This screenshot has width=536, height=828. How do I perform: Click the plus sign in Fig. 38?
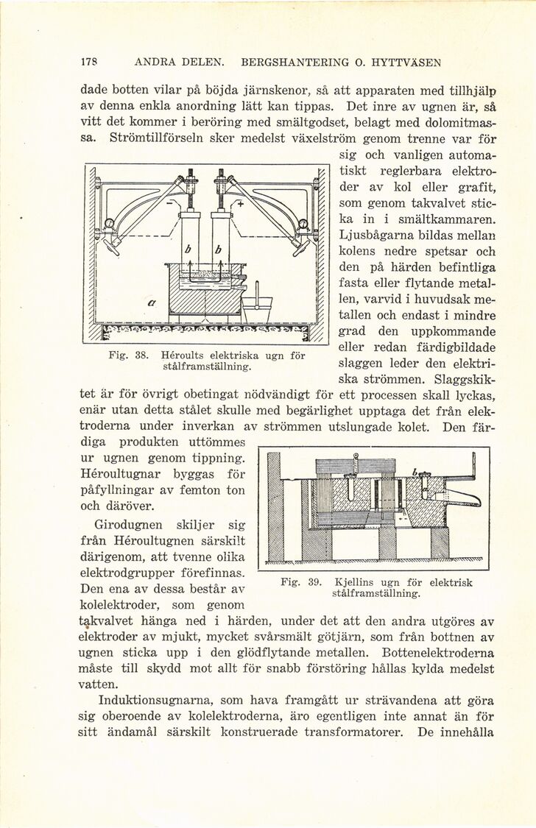point(239,204)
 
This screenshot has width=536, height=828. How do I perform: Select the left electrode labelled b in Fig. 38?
point(191,243)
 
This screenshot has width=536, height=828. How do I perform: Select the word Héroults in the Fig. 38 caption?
point(184,354)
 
